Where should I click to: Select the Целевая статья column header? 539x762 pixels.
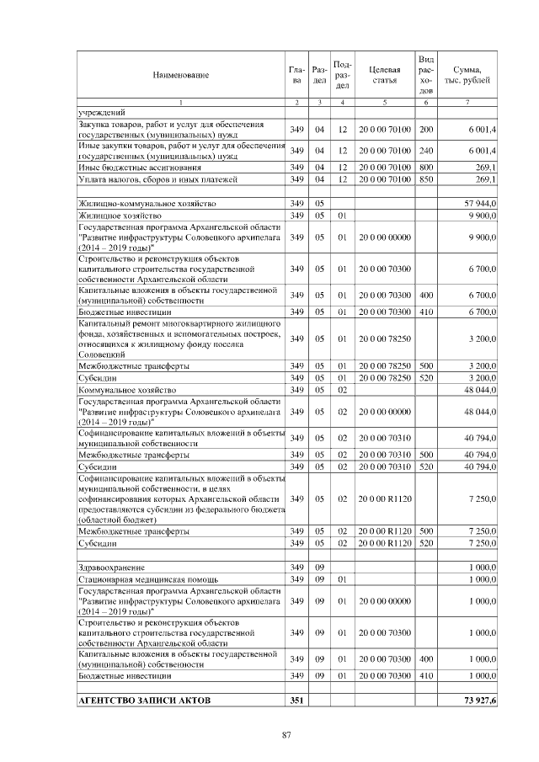pos(383,74)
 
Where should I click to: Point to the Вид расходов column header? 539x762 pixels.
pos(426,74)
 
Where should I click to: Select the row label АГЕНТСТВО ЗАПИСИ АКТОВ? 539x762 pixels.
pos(132,700)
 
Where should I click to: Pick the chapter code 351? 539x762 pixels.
pos(296,700)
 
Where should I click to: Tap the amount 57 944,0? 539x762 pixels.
pos(480,204)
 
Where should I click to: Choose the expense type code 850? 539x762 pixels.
pos(426,179)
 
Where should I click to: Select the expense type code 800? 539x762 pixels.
pos(426,168)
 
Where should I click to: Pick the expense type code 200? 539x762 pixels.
pos(426,129)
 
